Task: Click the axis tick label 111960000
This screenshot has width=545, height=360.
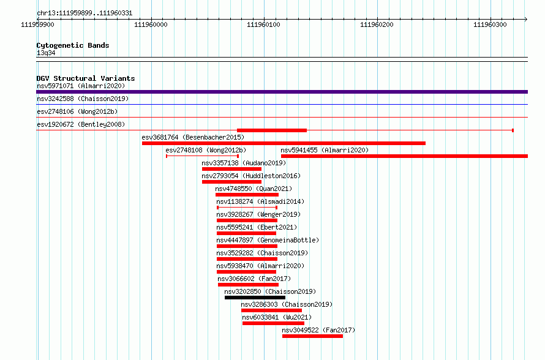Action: click(x=151, y=24)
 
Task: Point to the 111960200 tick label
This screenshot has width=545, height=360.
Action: click(x=377, y=24)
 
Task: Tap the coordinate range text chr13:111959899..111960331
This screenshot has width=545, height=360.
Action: click(x=85, y=13)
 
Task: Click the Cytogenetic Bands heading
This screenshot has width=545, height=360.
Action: click(x=73, y=45)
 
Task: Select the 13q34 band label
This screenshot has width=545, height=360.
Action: click(x=46, y=53)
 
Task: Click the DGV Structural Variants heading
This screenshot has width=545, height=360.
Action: click(x=86, y=78)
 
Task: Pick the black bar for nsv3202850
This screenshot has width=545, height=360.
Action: click(x=255, y=298)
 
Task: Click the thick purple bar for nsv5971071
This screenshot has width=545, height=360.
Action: click(x=282, y=92)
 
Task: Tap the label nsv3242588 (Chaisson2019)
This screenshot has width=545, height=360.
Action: click(x=83, y=99)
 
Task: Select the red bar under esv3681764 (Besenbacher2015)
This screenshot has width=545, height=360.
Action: click(x=284, y=143)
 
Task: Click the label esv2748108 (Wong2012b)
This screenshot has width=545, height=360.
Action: click(x=206, y=150)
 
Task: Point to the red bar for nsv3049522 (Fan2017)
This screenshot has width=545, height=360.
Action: click(x=312, y=336)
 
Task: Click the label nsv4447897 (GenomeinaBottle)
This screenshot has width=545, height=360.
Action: click(x=268, y=240)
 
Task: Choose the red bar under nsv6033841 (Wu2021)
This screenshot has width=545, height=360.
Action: click(x=273, y=323)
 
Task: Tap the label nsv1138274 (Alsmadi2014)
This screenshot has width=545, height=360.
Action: click(x=260, y=201)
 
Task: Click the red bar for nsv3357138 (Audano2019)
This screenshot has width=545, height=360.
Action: click(x=232, y=169)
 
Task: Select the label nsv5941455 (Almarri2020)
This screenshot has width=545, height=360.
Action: click(x=325, y=150)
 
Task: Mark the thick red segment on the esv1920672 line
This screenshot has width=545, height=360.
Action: click(x=272, y=130)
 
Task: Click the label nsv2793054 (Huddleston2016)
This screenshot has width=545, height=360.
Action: click(x=251, y=176)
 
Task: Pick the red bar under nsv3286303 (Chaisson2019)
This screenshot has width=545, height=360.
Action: click(x=271, y=310)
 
